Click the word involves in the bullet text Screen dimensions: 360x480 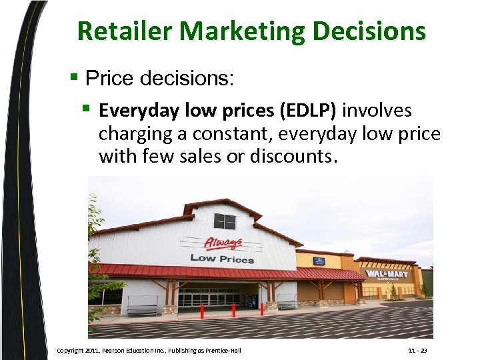pos(377,111)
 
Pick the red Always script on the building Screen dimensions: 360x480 pos(223,243)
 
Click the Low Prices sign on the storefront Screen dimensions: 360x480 pos(221,258)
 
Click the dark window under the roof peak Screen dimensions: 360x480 pos(225,221)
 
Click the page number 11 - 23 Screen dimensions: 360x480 pos(418,350)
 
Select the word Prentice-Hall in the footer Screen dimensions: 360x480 pos(224,350)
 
